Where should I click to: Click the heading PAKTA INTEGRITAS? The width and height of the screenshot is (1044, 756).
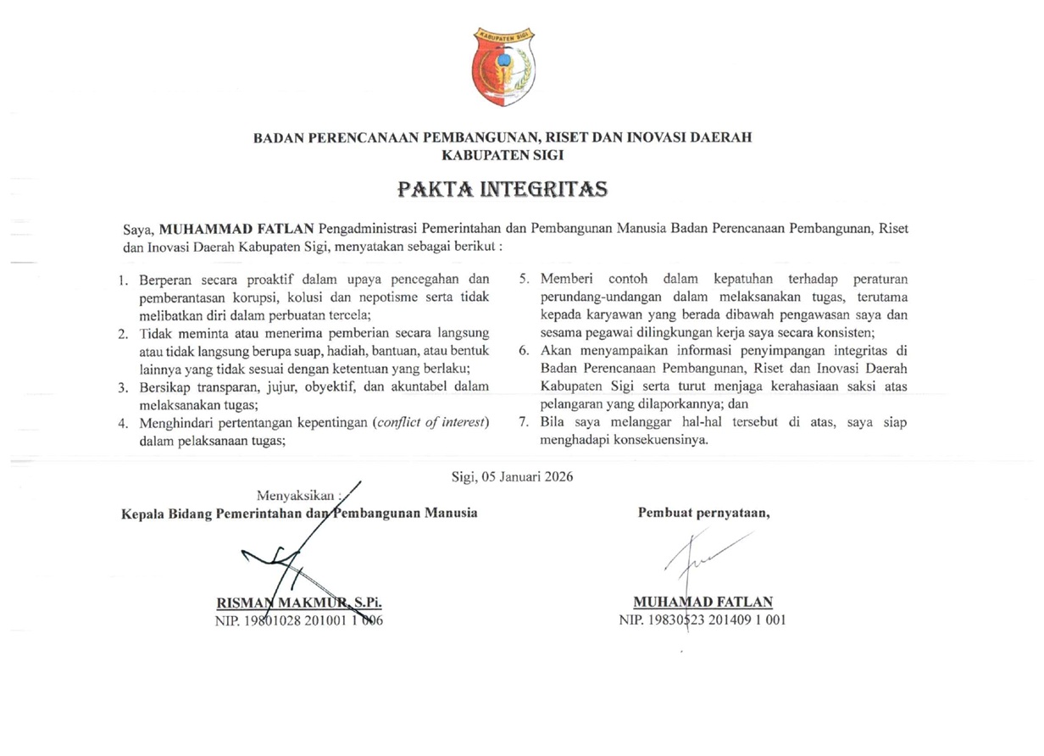pyautogui.click(x=503, y=188)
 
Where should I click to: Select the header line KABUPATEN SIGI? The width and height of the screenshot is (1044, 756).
pyautogui.click(x=503, y=156)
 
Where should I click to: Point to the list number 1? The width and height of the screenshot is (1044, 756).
pyautogui.click(x=124, y=280)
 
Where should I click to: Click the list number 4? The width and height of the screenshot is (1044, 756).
pyautogui.click(x=124, y=423)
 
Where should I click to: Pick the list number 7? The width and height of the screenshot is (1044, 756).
pyautogui.click(x=524, y=423)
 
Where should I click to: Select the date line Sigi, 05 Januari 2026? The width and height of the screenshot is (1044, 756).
pyautogui.click(x=513, y=476)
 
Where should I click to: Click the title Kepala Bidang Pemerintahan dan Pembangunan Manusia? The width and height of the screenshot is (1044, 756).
pyautogui.click(x=299, y=513)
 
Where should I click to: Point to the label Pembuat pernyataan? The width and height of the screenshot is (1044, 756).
pyautogui.click(x=703, y=512)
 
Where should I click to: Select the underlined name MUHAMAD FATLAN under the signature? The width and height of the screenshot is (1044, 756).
pyautogui.click(x=702, y=603)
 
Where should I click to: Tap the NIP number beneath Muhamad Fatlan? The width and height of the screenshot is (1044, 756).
pyautogui.click(x=702, y=620)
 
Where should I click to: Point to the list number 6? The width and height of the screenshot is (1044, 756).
pyautogui.click(x=524, y=351)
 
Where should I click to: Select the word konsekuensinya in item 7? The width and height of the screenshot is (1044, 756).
pyautogui.click(x=662, y=441)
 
